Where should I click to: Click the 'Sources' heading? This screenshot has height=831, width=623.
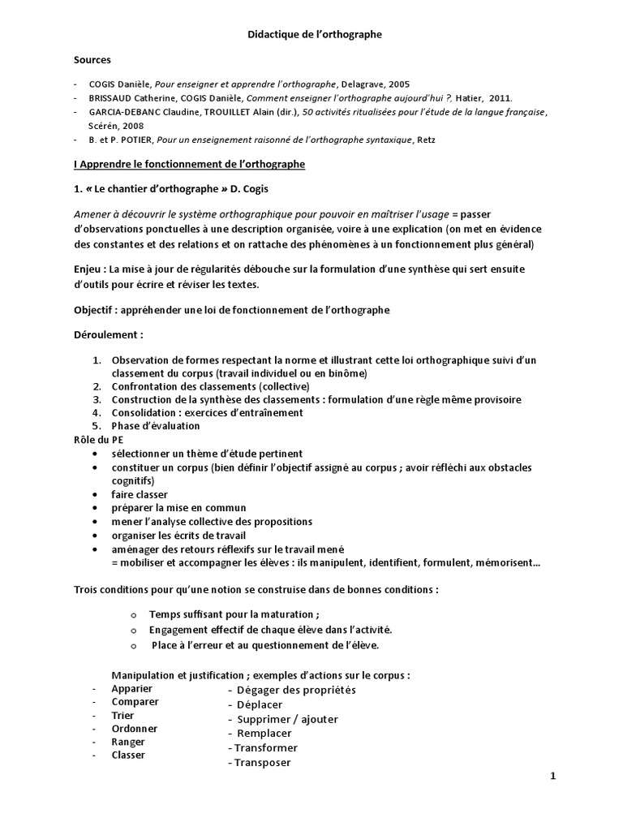click(x=92, y=59)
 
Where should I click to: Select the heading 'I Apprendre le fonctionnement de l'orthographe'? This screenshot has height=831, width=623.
click(x=189, y=164)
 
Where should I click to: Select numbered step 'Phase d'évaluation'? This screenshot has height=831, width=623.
click(x=155, y=425)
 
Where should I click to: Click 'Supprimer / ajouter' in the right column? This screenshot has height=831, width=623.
click(x=287, y=719)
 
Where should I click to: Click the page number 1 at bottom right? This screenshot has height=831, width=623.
click(x=552, y=776)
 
